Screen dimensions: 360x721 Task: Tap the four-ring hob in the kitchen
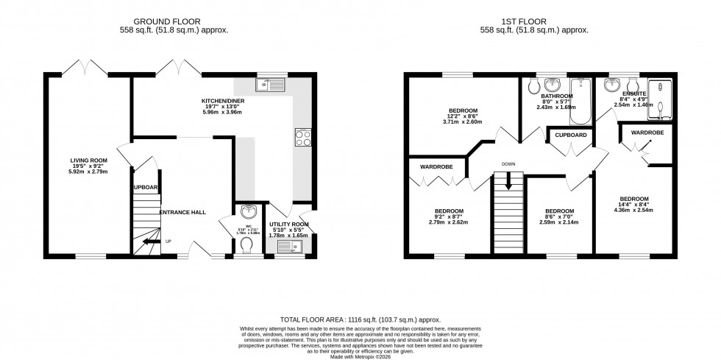click(x=302, y=138)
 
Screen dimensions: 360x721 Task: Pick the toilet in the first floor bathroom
click(x=534, y=86)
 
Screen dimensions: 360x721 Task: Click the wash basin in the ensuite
click(x=610, y=86)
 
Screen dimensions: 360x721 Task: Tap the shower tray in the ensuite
click(x=664, y=99)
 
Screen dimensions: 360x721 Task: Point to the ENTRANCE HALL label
click(x=182, y=213)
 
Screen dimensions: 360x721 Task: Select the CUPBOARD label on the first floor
click(x=571, y=135)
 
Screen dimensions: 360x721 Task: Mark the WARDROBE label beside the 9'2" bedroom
click(x=436, y=167)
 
